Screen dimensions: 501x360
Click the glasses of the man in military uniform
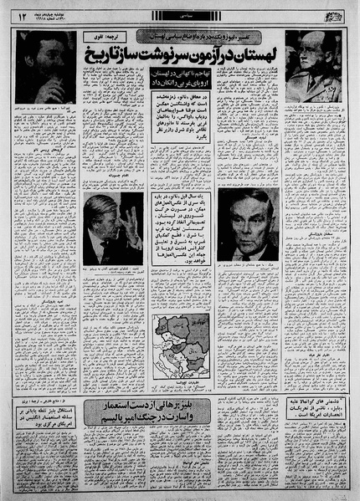[311, 53]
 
